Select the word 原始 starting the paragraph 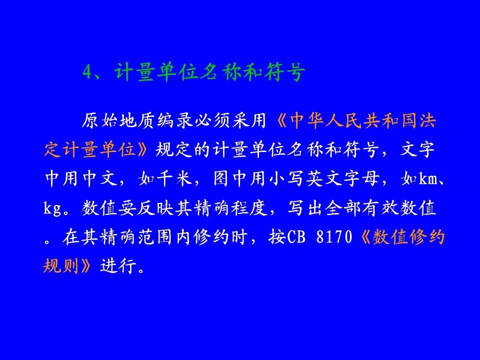tap(99, 120)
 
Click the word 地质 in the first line tap(137, 120)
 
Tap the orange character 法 tap(427, 120)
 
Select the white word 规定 tap(174, 149)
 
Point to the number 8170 tap(334, 237)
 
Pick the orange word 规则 tap(61, 265)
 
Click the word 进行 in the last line tap(118, 265)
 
